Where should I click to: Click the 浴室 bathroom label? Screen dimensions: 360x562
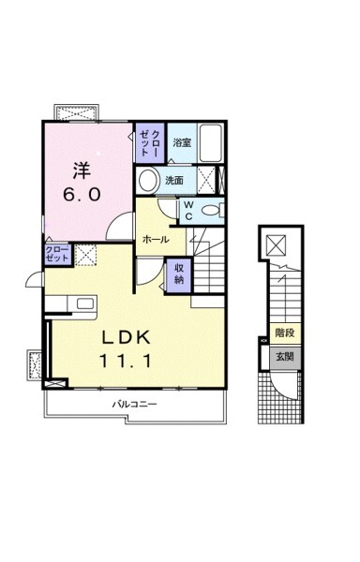pyautogui.click(x=182, y=142)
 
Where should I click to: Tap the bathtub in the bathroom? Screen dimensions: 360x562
pyautogui.click(x=211, y=142)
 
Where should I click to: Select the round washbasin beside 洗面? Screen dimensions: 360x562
pyautogui.click(x=149, y=181)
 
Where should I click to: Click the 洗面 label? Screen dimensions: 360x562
pyautogui.click(x=174, y=180)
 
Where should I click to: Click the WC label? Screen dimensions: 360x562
pyautogui.click(x=189, y=211)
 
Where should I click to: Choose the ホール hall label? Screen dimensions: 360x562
pyautogui.click(x=156, y=240)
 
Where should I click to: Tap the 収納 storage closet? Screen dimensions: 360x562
pyautogui.click(x=179, y=275)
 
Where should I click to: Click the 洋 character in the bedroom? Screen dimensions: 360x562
pyautogui.click(x=82, y=170)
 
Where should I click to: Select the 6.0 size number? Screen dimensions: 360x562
pyautogui.click(x=82, y=195)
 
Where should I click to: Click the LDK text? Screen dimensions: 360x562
pyautogui.click(x=126, y=337)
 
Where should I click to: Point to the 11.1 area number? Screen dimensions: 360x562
pyautogui.click(x=126, y=361)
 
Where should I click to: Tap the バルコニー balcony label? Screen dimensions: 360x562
pyautogui.click(x=134, y=405)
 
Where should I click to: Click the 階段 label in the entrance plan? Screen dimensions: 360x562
pyautogui.click(x=285, y=333)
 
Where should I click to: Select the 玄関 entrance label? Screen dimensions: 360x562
pyautogui.click(x=285, y=356)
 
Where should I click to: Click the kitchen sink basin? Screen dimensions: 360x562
pyautogui.click(x=85, y=303)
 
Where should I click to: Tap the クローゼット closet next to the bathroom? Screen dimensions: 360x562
pyautogui.click(x=149, y=142)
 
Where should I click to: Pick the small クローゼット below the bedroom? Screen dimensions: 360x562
pyautogui.click(x=57, y=254)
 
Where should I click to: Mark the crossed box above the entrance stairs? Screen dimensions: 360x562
pyautogui.click(x=277, y=245)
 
